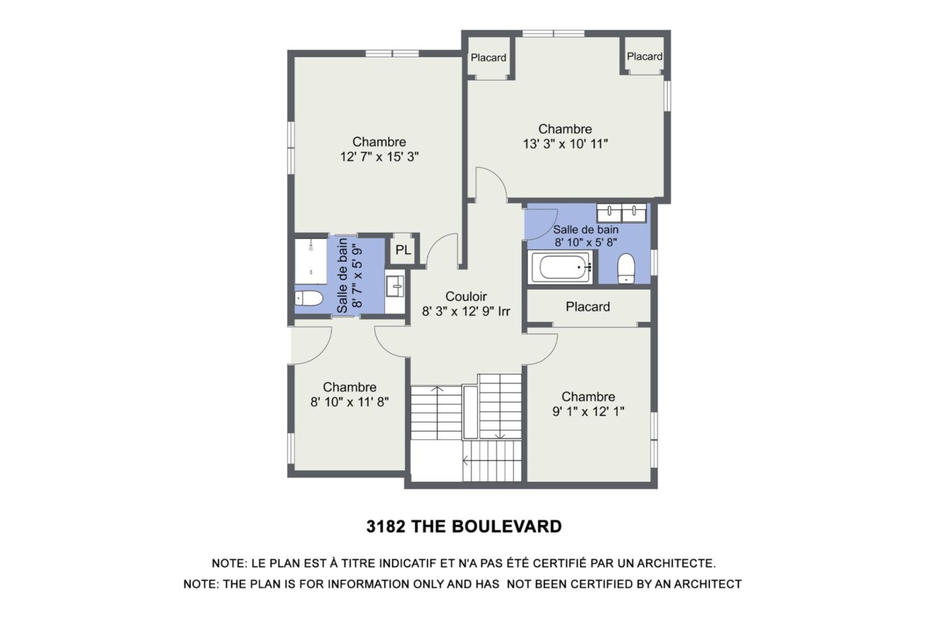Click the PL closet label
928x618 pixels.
click(403, 250)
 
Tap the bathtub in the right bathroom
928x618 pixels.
click(562, 268)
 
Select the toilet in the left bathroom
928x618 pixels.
click(309, 299)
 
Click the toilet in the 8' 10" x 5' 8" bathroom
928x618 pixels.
click(626, 269)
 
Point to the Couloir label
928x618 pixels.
click(466, 296)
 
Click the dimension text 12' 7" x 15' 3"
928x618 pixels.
click(379, 157)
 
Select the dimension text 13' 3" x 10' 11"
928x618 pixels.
click(565, 144)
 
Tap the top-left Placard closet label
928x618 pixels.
click(488, 58)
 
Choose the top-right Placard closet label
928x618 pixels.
click(644, 56)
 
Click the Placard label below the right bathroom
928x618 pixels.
click(588, 307)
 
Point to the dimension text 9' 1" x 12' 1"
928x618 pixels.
click(588, 412)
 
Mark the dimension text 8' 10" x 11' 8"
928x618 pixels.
click(350, 402)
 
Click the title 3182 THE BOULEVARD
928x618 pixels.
click(464, 527)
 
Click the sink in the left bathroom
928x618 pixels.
click(395, 286)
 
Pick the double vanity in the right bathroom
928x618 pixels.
click(621, 213)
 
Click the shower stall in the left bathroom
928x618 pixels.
click(311, 261)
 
